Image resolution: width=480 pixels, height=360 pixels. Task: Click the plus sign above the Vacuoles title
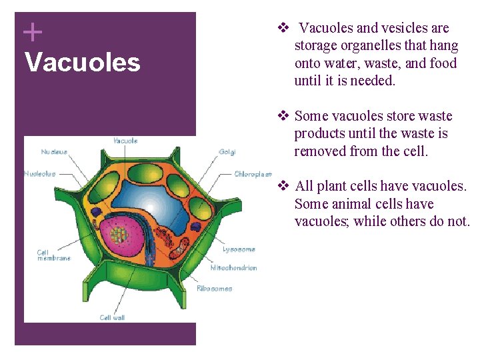[x=32, y=31]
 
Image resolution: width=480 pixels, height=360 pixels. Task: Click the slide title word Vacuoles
[x=82, y=63]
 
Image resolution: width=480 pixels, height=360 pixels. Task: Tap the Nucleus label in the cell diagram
[x=54, y=151]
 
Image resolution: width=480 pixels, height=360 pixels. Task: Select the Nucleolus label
[x=40, y=174]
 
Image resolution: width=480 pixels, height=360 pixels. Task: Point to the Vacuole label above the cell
[x=125, y=141]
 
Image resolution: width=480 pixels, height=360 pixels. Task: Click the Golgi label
[x=227, y=151]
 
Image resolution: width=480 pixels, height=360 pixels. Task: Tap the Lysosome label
[x=238, y=249]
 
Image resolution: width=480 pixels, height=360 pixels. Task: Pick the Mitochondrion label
[x=233, y=268]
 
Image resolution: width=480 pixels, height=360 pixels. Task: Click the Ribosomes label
[x=214, y=289]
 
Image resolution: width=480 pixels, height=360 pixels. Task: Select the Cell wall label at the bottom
[x=112, y=317]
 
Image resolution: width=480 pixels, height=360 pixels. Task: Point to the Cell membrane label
[x=53, y=255]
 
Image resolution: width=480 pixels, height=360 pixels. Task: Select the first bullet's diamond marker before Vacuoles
[x=282, y=28]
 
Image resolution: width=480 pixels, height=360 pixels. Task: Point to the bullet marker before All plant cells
[x=282, y=186]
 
